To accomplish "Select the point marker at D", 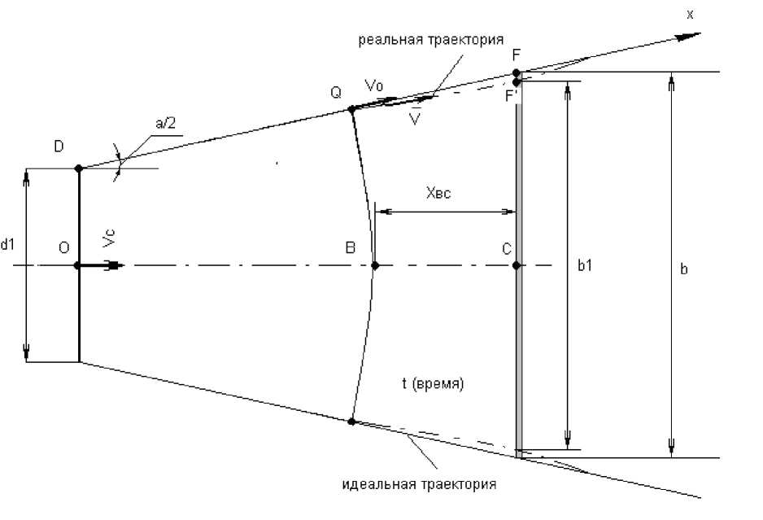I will [x=79, y=168].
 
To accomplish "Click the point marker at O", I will [x=79, y=265].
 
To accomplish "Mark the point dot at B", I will [x=374, y=265].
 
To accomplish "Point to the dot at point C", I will [x=517, y=265].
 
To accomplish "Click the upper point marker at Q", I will [x=351, y=109].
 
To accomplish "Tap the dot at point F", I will [x=517, y=73].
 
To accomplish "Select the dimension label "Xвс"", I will [x=438, y=194].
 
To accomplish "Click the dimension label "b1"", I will [x=583, y=266].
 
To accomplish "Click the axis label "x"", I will [x=689, y=14].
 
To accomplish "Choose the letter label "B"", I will [x=350, y=248].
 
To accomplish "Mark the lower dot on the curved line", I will [x=351, y=421].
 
